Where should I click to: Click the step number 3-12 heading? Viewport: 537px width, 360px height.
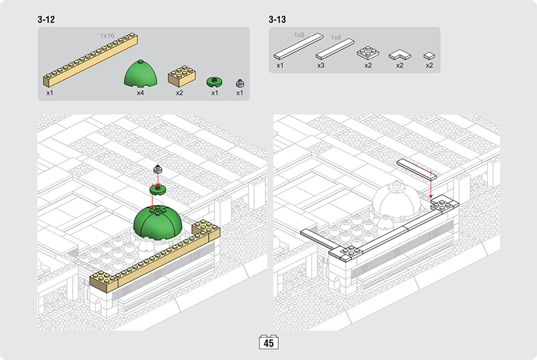(x=46, y=20)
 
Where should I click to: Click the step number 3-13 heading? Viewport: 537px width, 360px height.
(x=277, y=20)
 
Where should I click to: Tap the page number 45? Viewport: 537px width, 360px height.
(x=268, y=343)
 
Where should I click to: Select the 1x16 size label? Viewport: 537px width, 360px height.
(x=107, y=36)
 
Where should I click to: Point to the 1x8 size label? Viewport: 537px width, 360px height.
(x=299, y=35)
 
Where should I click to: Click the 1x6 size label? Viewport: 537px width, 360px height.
(x=336, y=37)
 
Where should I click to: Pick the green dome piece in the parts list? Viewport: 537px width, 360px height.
(x=141, y=73)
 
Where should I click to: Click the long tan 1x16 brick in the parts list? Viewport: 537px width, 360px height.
(x=90, y=59)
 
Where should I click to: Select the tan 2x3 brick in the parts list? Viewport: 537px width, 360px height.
(x=182, y=76)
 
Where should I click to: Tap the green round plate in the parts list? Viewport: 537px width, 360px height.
(x=214, y=82)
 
